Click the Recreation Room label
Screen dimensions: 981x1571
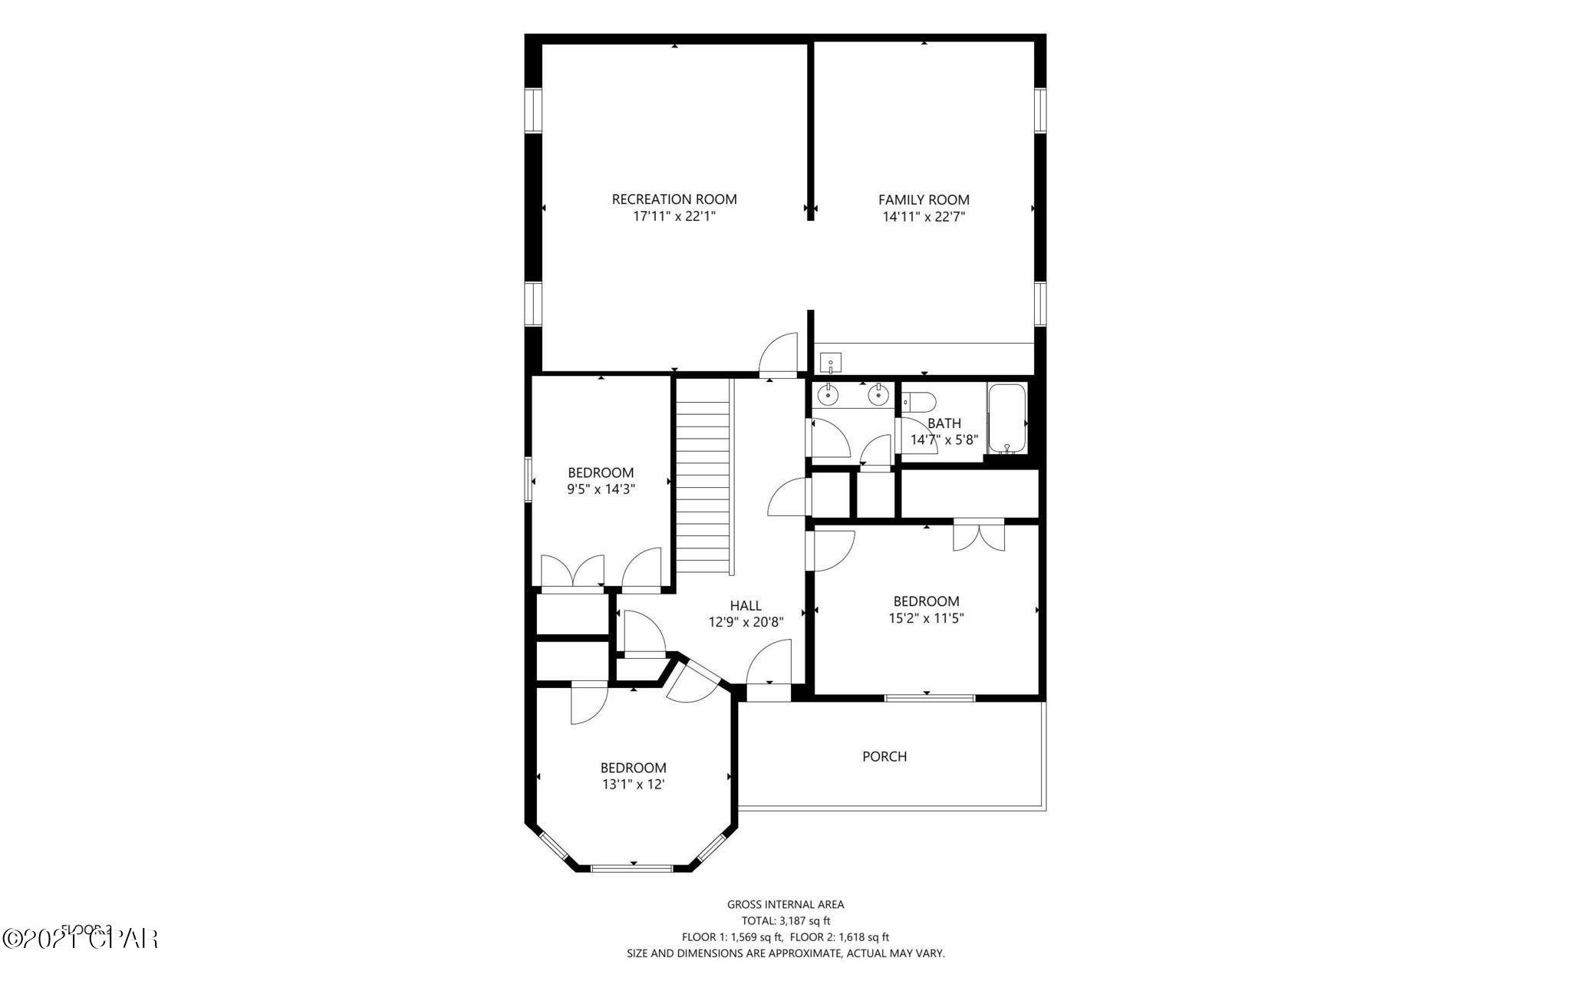point(674,199)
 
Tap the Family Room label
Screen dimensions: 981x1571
point(924,200)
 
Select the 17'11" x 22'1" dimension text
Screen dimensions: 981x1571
point(674,216)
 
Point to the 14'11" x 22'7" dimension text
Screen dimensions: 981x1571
point(924,217)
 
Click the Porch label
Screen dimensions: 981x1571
point(884,756)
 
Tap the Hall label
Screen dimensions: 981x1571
point(746,606)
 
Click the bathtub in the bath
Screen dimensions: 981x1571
point(1006,418)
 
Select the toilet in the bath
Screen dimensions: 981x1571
point(918,400)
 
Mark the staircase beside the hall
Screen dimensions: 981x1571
point(702,476)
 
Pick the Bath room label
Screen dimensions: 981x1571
point(944,423)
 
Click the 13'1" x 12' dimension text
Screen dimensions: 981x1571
point(633,785)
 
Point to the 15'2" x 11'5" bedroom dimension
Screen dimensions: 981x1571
point(926,618)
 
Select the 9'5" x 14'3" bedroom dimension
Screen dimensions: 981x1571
point(601,489)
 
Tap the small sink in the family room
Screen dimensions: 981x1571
point(831,362)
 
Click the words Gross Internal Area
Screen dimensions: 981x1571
point(785,905)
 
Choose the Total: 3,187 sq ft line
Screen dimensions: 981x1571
point(785,921)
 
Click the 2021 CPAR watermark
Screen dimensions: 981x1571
point(80,937)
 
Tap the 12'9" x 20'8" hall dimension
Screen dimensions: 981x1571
point(746,623)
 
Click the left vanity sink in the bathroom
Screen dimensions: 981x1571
point(828,395)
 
